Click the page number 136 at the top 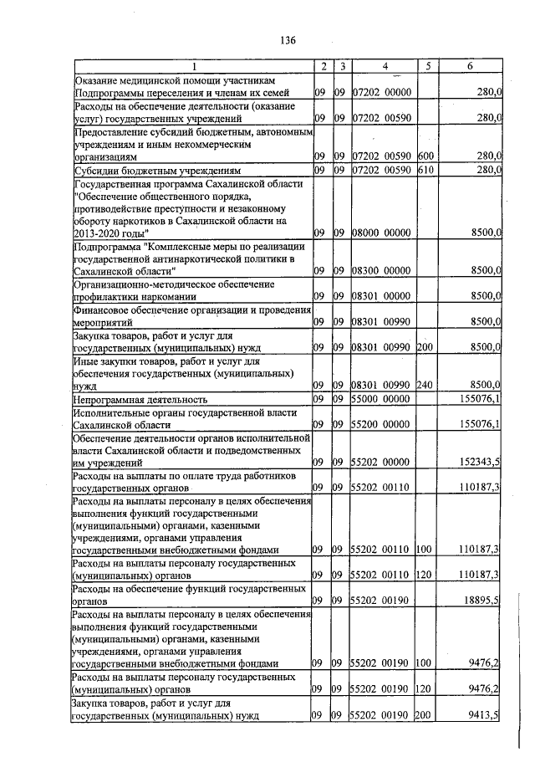pos(288,40)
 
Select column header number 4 pos(385,66)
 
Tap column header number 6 pos(471,66)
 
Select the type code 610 pos(425,171)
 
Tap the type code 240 pos(425,385)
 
